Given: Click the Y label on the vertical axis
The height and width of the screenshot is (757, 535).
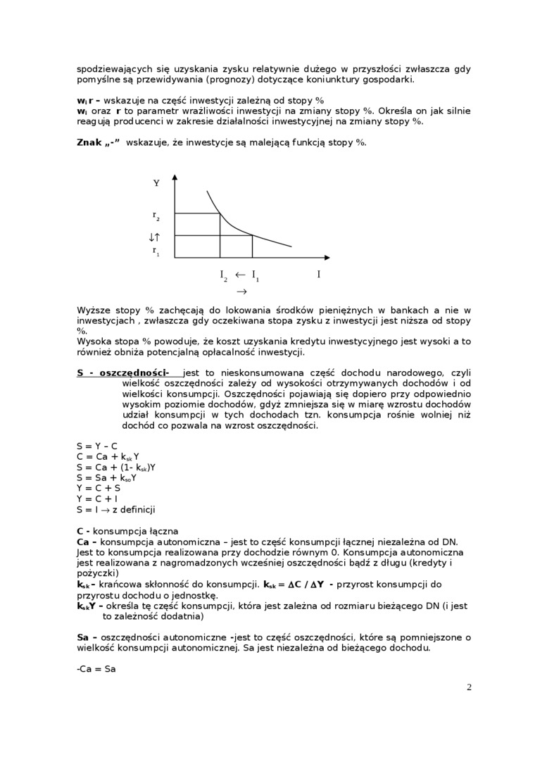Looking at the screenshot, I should [156, 183].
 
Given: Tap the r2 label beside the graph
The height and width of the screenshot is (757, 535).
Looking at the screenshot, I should [156, 215].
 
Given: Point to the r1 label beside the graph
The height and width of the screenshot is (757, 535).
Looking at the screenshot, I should [156, 250].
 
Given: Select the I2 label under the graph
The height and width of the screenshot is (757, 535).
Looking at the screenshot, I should [223, 275].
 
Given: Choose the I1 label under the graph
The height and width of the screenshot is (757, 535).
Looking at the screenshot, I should [255, 275].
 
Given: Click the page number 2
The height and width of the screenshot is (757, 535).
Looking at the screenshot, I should [469, 687].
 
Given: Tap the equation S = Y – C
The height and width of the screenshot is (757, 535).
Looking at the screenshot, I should [97, 446].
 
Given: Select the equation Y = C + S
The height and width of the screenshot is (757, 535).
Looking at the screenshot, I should [98, 488].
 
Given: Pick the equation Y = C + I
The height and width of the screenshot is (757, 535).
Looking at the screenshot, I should [97, 499].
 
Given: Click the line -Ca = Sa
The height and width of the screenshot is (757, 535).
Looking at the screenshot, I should [96, 669].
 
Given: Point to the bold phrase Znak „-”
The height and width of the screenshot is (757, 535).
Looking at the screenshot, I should [99, 142].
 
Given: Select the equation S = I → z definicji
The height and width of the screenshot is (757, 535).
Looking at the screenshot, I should [115, 509].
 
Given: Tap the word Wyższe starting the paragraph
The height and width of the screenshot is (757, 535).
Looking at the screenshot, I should [94, 310].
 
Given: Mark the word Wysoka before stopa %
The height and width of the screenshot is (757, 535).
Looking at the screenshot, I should [94, 342].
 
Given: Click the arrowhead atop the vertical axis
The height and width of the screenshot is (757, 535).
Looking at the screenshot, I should [174, 178].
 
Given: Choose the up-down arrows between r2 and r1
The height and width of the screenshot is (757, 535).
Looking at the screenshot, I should [156, 237].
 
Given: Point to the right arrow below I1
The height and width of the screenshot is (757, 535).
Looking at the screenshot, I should [241, 291].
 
